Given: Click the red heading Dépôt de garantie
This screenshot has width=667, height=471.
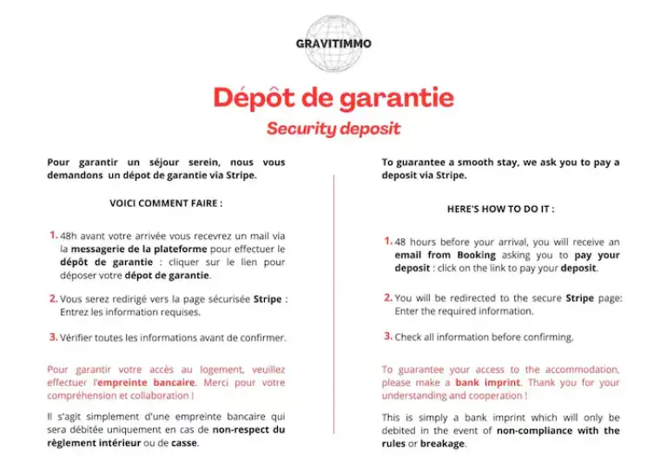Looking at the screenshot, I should tap(333, 97).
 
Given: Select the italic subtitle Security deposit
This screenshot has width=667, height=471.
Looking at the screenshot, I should tap(333, 129).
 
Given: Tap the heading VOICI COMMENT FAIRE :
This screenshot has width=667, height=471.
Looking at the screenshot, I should tap(166, 202).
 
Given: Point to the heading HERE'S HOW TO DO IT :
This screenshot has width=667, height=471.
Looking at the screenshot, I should tap(500, 209).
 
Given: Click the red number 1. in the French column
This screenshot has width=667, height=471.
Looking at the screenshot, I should tap(54, 235).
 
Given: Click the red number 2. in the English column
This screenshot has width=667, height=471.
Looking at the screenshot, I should tap(388, 297).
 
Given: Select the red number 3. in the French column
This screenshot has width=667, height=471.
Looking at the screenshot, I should tap(54, 337).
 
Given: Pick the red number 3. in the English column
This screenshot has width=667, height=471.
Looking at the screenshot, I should tap(388, 336).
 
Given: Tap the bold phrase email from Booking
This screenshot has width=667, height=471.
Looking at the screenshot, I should tap(445, 255).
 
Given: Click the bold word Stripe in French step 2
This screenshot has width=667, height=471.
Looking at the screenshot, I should tap(267, 299).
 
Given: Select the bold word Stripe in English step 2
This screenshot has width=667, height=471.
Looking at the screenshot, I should tap(579, 298).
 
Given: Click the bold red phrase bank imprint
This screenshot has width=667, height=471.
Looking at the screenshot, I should tap(487, 382).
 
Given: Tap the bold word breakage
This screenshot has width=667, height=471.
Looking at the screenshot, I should tap(443, 443).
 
